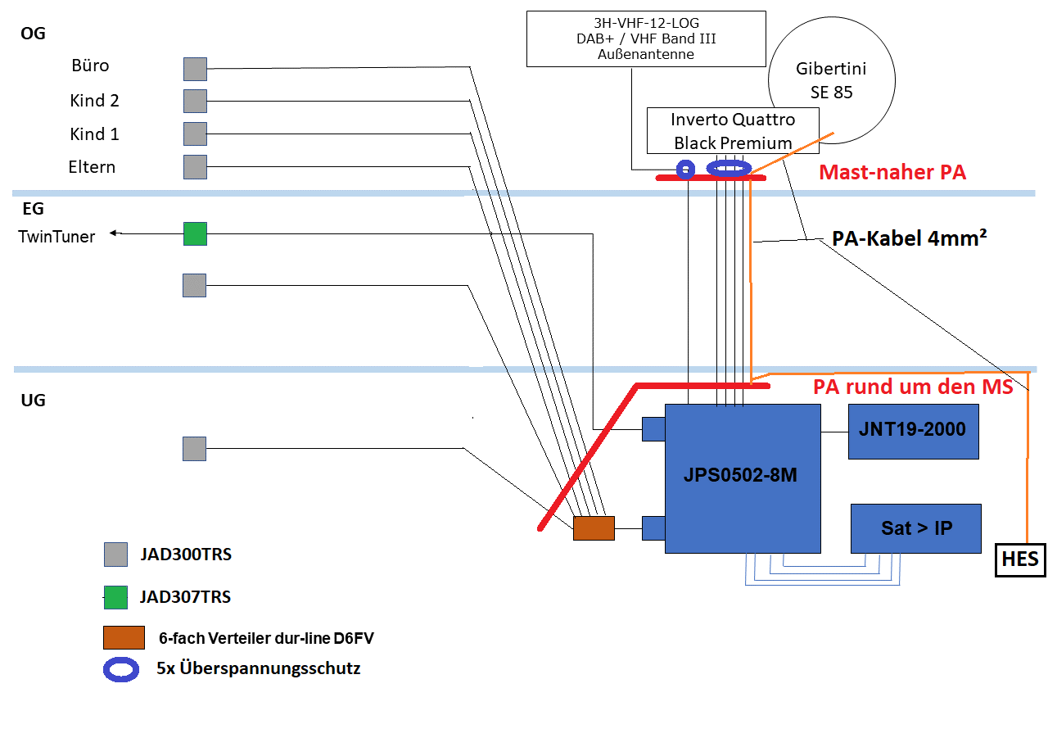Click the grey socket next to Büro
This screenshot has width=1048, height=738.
coord(195,69)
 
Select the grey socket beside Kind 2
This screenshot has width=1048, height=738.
coord(195,101)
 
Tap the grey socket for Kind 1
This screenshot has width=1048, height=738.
coord(195,134)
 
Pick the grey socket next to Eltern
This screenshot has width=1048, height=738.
coord(195,167)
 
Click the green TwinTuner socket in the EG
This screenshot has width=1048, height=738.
coord(195,233)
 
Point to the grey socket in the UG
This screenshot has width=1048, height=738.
coord(194,449)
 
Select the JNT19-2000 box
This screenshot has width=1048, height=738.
coord(913,431)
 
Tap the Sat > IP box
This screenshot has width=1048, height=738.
coord(915,528)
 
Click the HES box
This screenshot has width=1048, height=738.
coord(1019,560)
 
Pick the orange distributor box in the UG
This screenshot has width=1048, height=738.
coord(594,528)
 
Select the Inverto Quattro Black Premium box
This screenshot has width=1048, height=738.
coord(732,131)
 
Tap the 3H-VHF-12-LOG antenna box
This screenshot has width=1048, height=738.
coord(646,38)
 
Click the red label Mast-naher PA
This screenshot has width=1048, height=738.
coord(892,173)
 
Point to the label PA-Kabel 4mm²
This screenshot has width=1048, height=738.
coord(909,239)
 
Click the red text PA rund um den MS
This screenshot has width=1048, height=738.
coord(913,387)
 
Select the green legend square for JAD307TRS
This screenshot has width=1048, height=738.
coord(116,597)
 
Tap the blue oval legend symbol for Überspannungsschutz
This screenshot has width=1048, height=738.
coord(120,669)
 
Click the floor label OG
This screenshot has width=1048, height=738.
coord(34,34)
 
